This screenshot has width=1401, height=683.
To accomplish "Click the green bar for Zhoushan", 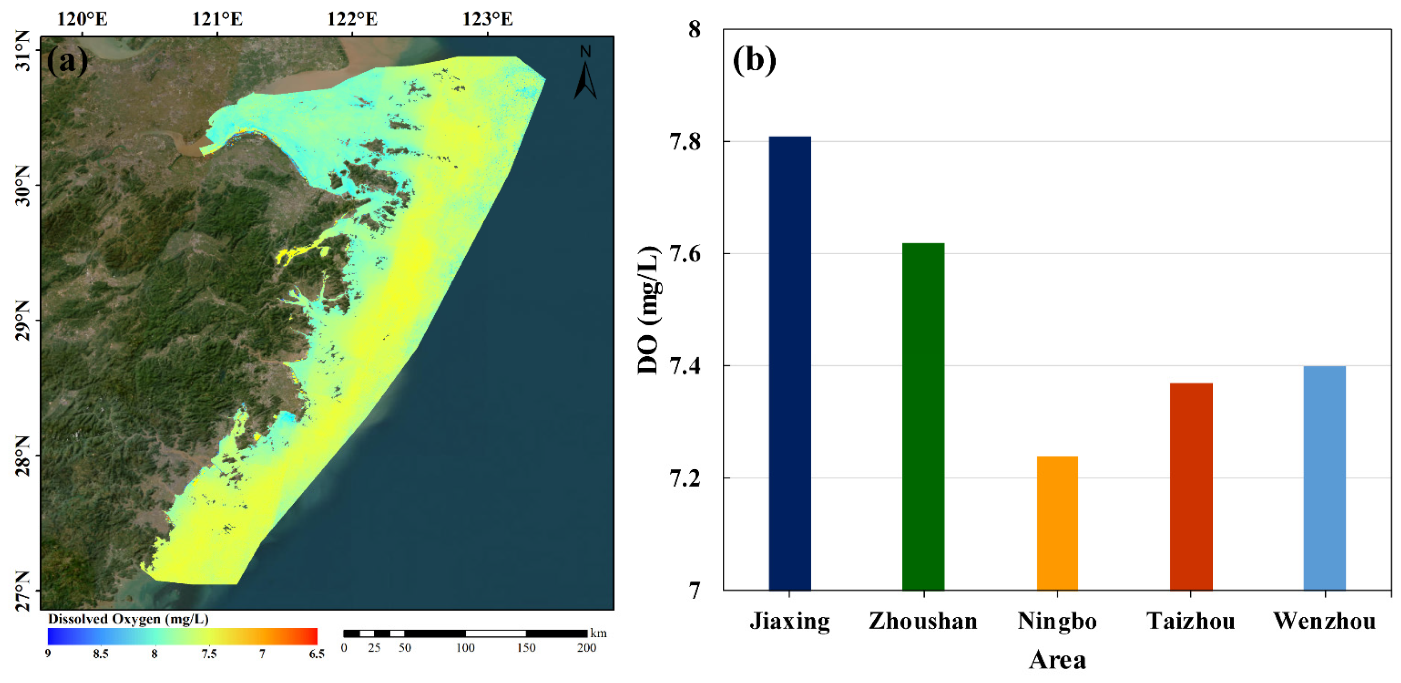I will click(x=923, y=416).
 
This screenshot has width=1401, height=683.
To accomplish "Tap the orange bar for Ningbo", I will click(x=1057, y=522).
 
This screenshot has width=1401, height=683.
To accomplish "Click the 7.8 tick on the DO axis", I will click(x=685, y=142).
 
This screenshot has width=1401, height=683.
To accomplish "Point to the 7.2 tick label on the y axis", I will click(x=685, y=478).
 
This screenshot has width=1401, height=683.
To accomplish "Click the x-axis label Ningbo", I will click(x=1057, y=621).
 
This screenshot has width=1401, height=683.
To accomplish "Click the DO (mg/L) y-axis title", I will click(x=648, y=310).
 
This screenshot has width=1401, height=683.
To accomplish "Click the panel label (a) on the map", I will click(x=67, y=61).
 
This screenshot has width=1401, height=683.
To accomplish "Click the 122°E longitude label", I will click(x=352, y=19).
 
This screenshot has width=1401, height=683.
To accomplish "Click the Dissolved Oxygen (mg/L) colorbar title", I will click(x=128, y=619).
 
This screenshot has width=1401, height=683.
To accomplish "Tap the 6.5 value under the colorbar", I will click(x=316, y=654).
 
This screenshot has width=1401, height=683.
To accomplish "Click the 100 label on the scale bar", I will click(x=465, y=648).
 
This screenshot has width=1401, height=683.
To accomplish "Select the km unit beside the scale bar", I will click(x=598, y=634).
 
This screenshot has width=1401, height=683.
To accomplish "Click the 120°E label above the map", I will click(x=82, y=19).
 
